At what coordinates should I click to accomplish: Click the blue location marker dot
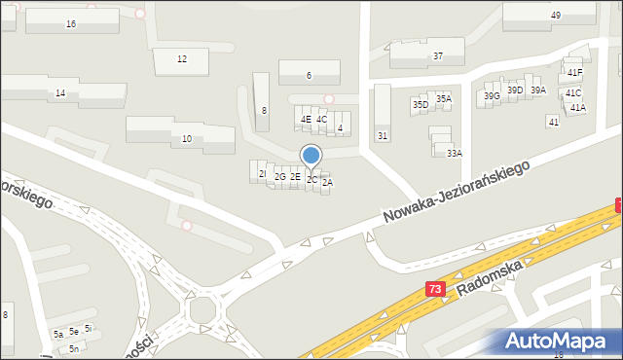(311, 155)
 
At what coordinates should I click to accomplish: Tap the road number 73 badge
(435, 289)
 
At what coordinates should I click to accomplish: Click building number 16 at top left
(71, 22)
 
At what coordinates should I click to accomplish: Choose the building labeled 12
(182, 59)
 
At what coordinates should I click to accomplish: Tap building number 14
(60, 92)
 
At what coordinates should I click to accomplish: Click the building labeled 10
(186, 139)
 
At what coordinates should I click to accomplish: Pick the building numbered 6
(309, 75)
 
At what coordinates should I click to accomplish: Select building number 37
(438, 55)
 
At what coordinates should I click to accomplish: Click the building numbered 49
(555, 15)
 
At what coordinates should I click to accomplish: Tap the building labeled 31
(383, 135)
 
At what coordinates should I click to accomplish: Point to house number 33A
(454, 153)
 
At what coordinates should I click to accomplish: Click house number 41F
(574, 72)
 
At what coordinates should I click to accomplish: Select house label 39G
(492, 95)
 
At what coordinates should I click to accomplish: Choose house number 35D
(421, 104)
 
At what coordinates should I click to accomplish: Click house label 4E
(306, 119)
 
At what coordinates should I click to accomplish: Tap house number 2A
(327, 182)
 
